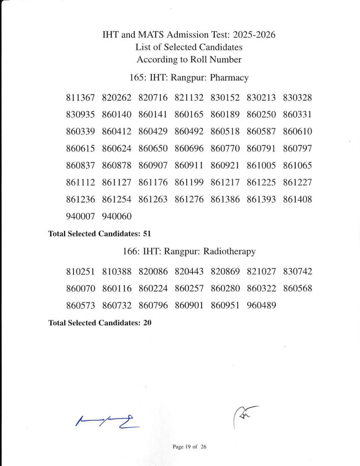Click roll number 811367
[x=81, y=98]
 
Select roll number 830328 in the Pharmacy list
[x=297, y=98]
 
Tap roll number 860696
[x=189, y=149]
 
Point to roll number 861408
[x=297, y=199]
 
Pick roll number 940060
[x=117, y=216]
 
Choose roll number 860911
[x=189, y=165]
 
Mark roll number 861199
[x=189, y=182]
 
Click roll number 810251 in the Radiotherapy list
[x=81, y=272]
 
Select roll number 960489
[x=261, y=306]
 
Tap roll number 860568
[x=297, y=288]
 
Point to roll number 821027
[x=261, y=272]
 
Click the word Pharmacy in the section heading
[x=229, y=77]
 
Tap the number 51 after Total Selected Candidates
[x=147, y=233]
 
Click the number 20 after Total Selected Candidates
[x=147, y=322]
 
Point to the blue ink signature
[x=106, y=421]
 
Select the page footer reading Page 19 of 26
[x=189, y=446]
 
